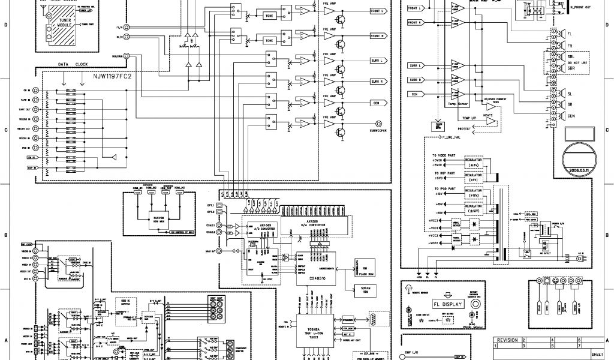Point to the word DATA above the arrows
tap(65, 64)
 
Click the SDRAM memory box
tap(365, 290)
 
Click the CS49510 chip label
tap(318, 278)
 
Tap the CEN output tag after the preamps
tap(377, 102)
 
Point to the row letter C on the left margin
tap(5, 129)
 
